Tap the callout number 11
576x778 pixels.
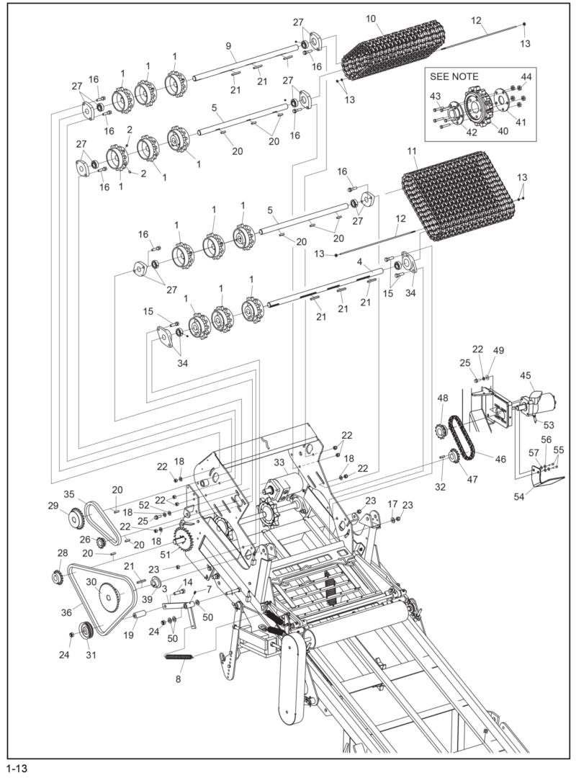click(x=412, y=152)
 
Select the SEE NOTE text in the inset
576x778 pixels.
click(x=454, y=76)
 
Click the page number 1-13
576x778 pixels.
click(x=17, y=768)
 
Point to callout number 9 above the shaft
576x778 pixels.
click(x=228, y=46)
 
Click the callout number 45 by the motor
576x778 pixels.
click(x=526, y=375)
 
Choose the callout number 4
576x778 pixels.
click(x=359, y=263)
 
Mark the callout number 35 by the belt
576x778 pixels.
click(x=69, y=494)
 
